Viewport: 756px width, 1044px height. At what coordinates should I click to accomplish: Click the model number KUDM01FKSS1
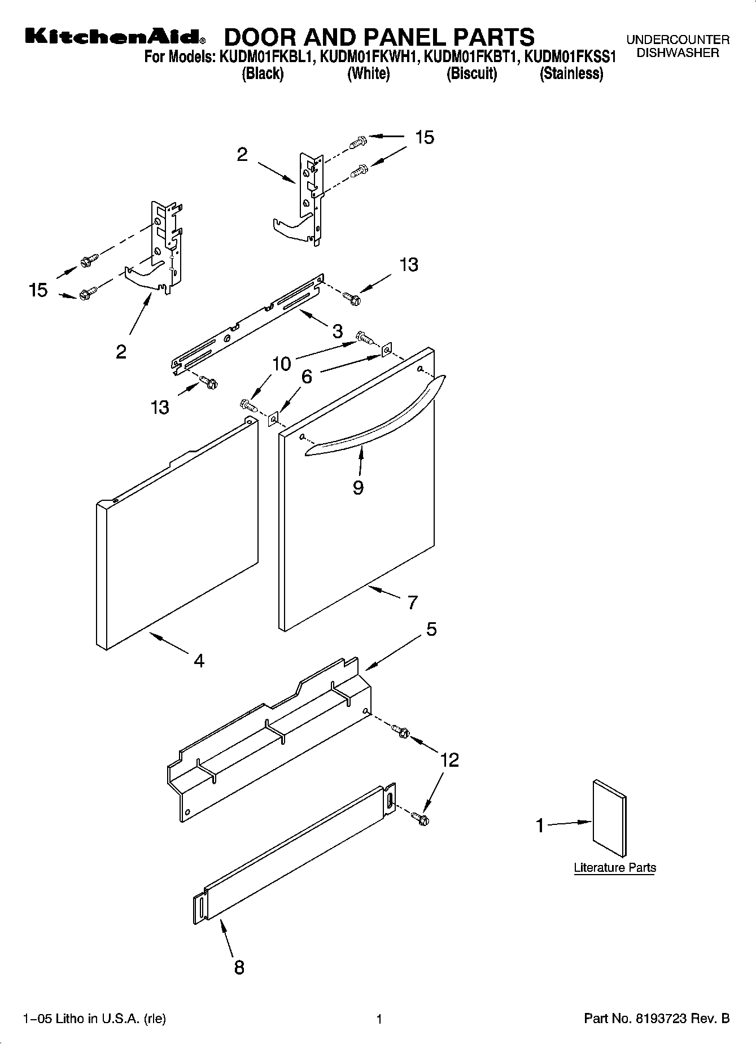tap(570, 57)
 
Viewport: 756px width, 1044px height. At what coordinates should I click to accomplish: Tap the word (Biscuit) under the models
tap(471, 74)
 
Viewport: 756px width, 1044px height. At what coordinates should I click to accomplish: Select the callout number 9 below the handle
tap(358, 487)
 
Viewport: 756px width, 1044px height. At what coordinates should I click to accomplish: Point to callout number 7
tap(413, 602)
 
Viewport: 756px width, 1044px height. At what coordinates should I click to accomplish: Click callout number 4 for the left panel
tap(199, 660)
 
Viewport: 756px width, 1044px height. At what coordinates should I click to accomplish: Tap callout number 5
tap(431, 629)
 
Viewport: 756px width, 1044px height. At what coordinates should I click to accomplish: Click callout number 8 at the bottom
tap(239, 968)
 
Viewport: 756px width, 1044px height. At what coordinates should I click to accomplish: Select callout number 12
tap(449, 760)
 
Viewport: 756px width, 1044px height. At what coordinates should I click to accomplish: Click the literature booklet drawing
tap(609, 819)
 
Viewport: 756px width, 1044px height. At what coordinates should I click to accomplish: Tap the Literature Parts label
tap(615, 868)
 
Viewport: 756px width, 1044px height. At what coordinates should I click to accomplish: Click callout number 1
tap(540, 825)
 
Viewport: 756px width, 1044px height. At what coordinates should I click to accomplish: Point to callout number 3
tap(337, 331)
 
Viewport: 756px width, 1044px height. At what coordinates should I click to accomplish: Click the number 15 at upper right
tap(425, 137)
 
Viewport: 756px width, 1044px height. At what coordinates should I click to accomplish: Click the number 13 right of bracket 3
tap(409, 264)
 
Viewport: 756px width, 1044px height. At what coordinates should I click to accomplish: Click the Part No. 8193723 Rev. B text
tap(657, 1019)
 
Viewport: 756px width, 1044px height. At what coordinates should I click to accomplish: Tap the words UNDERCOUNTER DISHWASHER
tap(678, 46)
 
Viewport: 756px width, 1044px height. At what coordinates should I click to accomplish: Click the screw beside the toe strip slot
tap(420, 817)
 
